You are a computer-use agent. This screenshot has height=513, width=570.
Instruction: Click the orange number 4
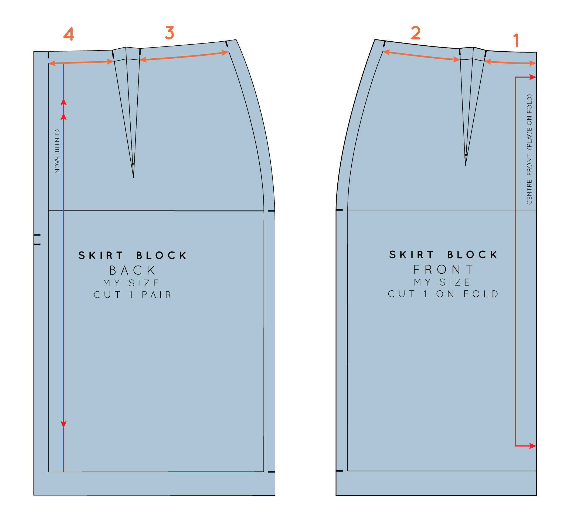tap(69, 34)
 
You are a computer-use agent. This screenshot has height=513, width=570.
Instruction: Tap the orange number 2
tap(416, 33)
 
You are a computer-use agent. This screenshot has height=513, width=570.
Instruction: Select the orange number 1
tap(516, 40)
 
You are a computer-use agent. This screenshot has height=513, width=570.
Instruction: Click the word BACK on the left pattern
tap(132, 270)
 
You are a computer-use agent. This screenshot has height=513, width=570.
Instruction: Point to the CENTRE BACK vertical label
tap(57, 151)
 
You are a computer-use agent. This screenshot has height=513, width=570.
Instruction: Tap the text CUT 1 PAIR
tap(132, 295)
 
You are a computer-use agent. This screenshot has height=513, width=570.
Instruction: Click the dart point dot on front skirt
tap(466, 155)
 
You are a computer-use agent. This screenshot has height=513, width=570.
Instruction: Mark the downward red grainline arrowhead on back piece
tap(64, 424)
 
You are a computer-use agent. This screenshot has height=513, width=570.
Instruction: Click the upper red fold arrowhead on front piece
tap(532, 77)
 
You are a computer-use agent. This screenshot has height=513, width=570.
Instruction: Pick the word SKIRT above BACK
tap(101, 255)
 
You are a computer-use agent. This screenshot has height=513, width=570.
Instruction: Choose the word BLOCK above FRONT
tap(472, 254)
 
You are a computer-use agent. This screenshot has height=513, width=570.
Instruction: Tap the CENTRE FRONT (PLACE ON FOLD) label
tap(530, 149)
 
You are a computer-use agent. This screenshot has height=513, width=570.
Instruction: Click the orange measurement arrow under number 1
tap(510, 63)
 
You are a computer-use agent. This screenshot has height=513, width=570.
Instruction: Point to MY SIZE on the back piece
tap(131, 283)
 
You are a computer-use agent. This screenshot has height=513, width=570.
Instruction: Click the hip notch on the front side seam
tap(339, 210)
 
